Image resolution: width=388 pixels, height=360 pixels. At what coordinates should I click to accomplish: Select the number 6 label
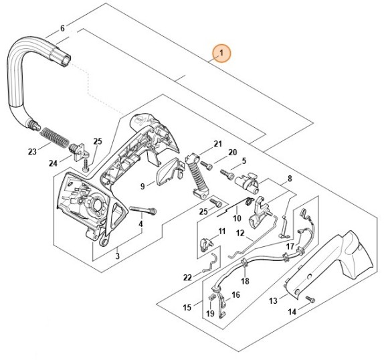click(x=63, y=28)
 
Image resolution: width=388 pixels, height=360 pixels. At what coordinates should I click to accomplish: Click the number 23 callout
click(x=32, y=152)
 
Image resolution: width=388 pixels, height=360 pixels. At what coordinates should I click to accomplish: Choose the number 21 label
click(x=217, y=144)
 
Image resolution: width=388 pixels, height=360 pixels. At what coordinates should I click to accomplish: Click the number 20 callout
click(x=233, y=152)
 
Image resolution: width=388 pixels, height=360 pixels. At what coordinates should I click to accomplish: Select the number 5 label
click(x=244, y=161)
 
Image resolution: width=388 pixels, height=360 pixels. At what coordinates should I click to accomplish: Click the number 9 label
click(x=142, y=186)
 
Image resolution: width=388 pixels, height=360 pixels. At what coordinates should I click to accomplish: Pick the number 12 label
click(x=240, y=233)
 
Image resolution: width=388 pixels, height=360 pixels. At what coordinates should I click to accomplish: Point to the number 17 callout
click(x=290, y=247)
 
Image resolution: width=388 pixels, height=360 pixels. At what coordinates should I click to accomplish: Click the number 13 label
click(x=273, y=300)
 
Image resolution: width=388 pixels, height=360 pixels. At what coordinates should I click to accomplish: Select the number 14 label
click(x=292, y=312)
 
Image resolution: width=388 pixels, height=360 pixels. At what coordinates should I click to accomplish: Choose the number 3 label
click(x=117, y=256)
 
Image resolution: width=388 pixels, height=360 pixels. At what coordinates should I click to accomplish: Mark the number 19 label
click(x=210, y=313)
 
